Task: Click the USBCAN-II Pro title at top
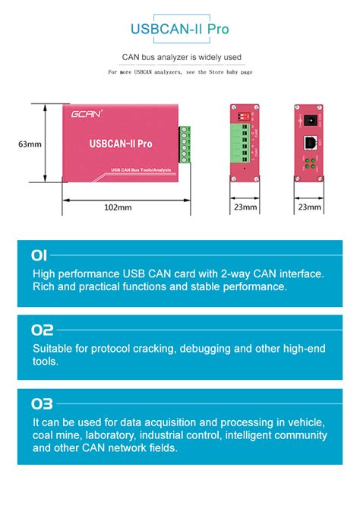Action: coord(180,30)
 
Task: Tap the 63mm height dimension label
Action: coord(30,143)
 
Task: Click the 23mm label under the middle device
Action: coord(245,206)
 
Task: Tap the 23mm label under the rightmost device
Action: coord(309,206)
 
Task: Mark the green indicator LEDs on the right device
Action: coord(309,163)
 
